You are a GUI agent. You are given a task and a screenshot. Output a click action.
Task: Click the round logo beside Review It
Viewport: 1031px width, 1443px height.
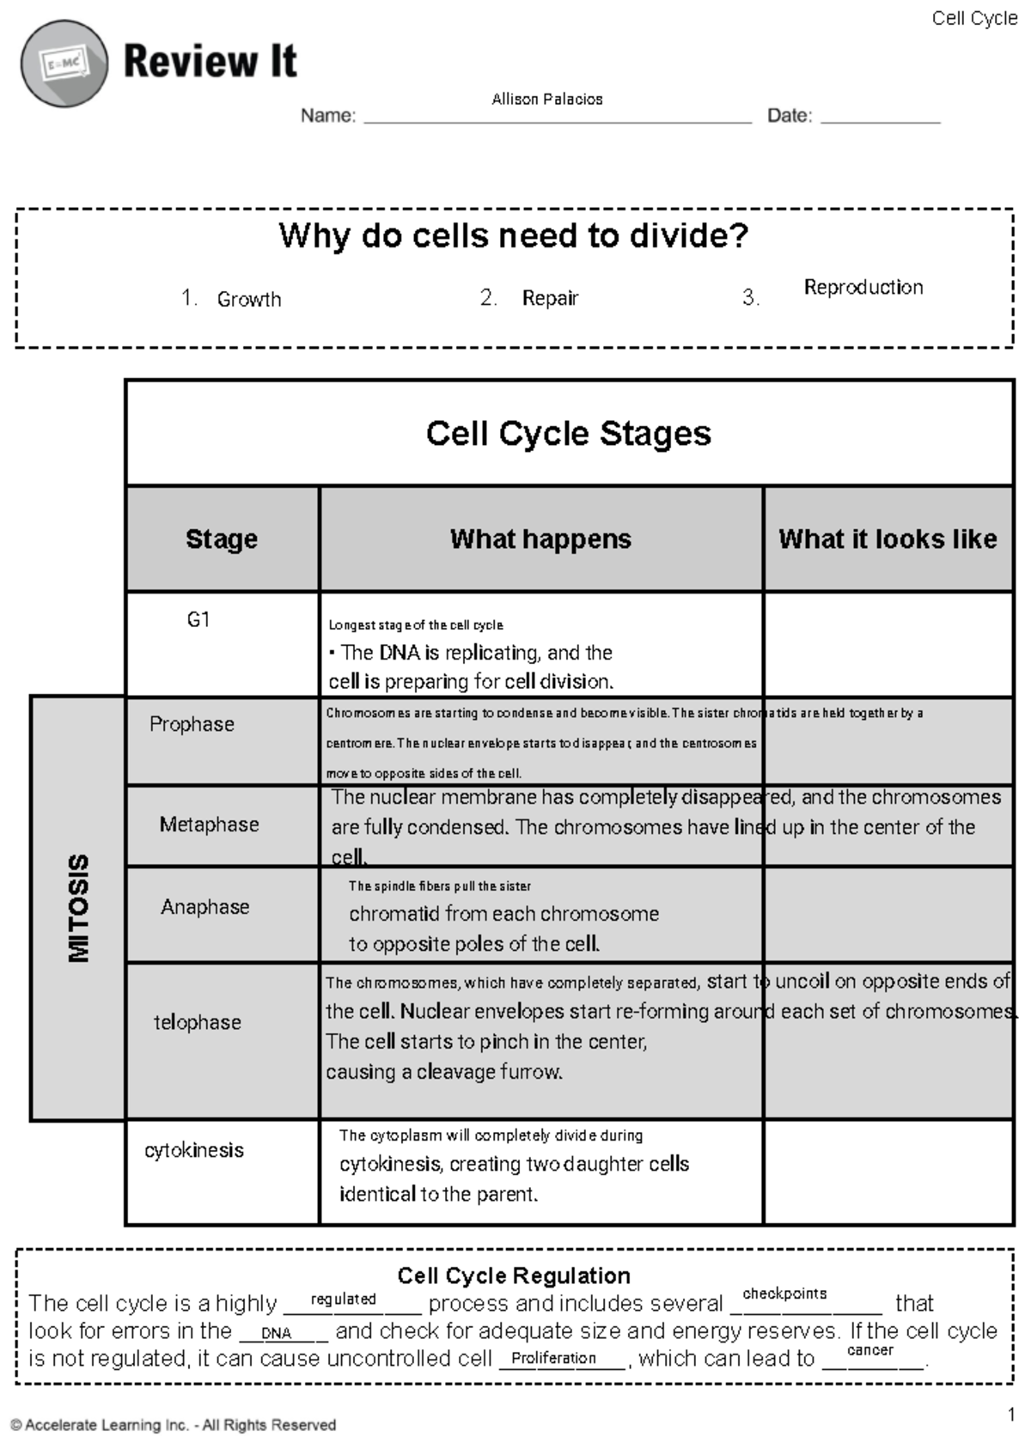[x=64, y=64]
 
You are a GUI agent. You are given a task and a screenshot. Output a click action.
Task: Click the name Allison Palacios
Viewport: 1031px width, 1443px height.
[x=546, y=100]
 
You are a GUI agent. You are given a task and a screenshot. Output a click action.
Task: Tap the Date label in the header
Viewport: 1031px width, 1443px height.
[x=789, y=116]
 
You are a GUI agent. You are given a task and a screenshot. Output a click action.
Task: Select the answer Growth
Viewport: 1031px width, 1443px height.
[x=248, y=300]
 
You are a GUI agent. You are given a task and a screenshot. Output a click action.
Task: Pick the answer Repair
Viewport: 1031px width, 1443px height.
[x=550, y=298]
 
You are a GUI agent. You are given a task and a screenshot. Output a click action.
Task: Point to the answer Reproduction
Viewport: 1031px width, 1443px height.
[x=863, y=288]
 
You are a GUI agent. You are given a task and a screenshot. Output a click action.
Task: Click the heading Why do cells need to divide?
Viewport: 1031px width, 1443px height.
[x=514, y=235]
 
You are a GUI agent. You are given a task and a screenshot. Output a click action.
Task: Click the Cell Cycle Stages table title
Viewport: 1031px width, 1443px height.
[x=568, y=434]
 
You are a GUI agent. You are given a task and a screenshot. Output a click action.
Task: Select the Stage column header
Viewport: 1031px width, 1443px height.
[x=222, y=539]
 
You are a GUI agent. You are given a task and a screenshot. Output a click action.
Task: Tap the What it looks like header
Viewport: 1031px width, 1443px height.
[x=888, y=539]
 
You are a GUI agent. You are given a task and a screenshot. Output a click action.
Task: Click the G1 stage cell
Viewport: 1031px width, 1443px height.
[x=198, y=620]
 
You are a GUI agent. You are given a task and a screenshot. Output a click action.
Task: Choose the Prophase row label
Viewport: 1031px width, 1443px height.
[x=192, y=724]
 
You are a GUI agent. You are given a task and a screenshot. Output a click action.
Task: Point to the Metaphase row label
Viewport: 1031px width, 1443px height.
[x=209, y=825]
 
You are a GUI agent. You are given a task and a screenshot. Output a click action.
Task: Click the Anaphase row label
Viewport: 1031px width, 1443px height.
[x=204, y=907]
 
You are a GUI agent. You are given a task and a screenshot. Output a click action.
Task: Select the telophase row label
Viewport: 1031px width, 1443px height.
[x=197, y=1022]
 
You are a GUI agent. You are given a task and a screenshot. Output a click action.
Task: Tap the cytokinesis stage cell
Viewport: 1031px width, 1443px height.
[x=194, y=1150]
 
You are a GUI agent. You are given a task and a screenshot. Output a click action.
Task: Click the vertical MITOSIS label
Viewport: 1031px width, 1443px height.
[x=78, y=908]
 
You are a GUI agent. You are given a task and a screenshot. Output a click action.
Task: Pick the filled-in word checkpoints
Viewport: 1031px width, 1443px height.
[x=784, y=1294]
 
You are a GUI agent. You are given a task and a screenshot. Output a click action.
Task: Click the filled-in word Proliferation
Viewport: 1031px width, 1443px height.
[x=553, y=1358]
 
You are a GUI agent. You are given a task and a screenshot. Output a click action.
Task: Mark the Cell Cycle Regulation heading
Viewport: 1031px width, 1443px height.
[x=514, y=1276]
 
